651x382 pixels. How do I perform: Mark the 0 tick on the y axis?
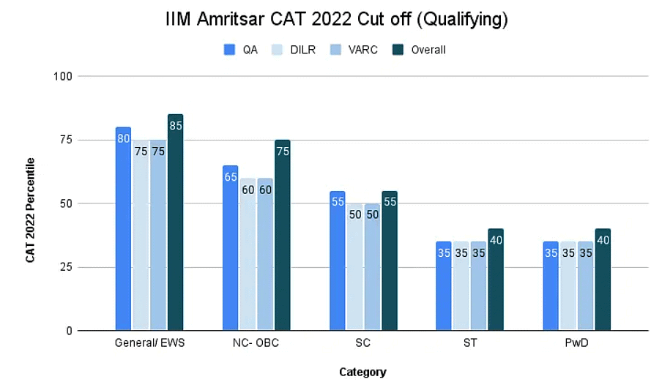pyautogui.click(x=67, y=331)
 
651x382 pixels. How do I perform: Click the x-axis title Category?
pyautogui.click(x=362, y=372)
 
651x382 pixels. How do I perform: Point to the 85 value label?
pyautogui.click(x=175, y=125)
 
